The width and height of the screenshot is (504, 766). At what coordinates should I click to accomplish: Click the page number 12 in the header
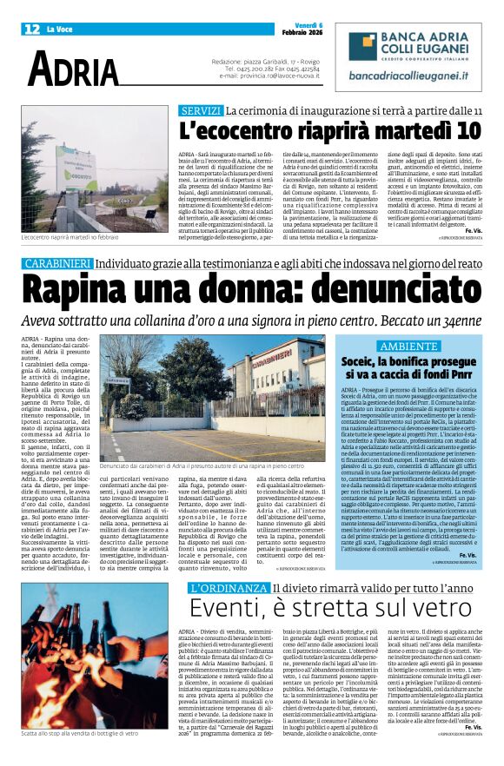pos(31,29)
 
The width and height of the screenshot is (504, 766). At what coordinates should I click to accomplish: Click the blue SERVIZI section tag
pos(201,111)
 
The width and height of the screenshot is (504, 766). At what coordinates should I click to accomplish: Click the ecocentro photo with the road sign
pos(96,169)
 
